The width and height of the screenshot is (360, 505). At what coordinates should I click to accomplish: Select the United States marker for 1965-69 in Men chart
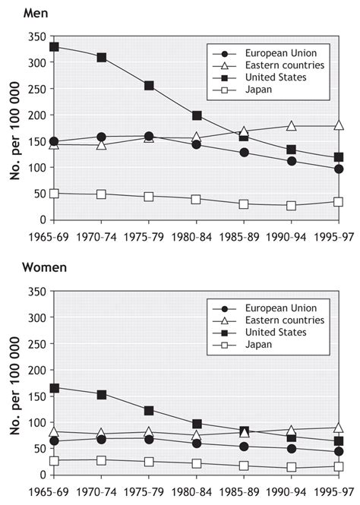pos(54,47)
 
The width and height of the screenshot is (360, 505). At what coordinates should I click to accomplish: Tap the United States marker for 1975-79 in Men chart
pos(149,86)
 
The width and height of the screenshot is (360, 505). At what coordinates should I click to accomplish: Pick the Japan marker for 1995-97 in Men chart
pos(339,202)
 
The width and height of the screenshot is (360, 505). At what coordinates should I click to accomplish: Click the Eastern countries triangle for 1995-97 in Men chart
pos(339,125)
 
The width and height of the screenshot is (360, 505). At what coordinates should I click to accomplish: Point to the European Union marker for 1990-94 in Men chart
pos(292,161)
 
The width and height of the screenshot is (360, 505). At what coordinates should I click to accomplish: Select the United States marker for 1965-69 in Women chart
pos(54,388)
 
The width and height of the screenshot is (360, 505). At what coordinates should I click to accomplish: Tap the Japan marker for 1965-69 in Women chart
pos(54,460)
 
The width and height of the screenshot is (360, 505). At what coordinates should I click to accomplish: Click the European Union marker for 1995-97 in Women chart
pos(339,452)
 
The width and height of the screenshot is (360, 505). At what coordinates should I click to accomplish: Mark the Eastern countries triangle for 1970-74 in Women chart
pos(102,434)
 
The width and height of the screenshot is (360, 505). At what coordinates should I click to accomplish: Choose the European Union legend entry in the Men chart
pos(270,53)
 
